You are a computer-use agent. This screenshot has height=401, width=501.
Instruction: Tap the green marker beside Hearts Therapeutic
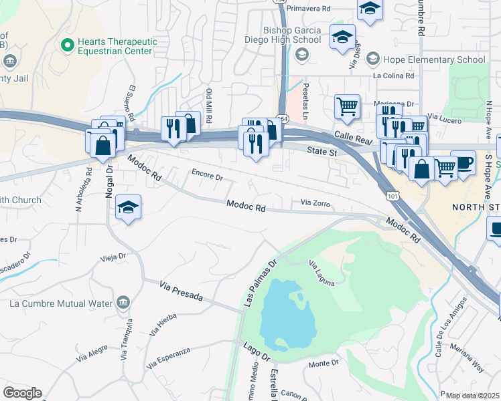pyautogui.click(x=66, y=45)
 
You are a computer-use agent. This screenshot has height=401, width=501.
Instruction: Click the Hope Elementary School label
pyautogui.click(x=433, y=59)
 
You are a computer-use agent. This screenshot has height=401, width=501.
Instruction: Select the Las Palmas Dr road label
pyautogui.click(x=261, y=281)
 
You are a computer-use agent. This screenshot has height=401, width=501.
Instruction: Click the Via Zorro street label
pyautogui.click(x=315, y=203)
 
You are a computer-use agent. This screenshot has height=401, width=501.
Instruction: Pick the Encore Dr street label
pyautogui.click(x=206, y=177)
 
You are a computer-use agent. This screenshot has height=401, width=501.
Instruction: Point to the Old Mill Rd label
pyautogui.click(x=209, y=105)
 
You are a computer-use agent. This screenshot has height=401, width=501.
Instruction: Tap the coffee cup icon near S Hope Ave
pyautogui.click(x=463, y=162)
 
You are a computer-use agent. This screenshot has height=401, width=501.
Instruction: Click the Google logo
pyautogui.click(x=21, y=393)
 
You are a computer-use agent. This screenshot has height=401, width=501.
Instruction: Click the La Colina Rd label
pyautogui.click(x=394, y=76)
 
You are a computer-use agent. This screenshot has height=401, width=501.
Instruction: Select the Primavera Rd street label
pyautogui.click(x=308, y=9)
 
